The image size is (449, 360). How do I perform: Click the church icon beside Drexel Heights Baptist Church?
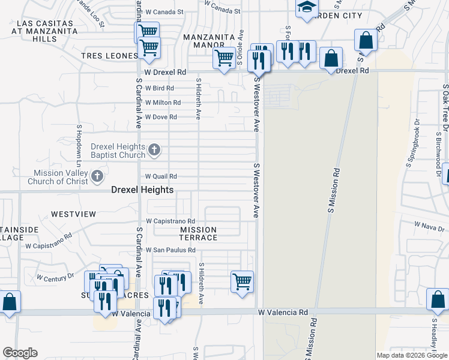tap(154, 149)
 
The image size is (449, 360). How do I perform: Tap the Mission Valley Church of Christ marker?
tap(99, 176)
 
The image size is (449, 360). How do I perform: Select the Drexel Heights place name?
tap(142, 190)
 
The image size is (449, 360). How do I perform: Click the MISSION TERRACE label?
tap(199, 233)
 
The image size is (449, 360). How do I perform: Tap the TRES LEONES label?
tap(110, 56)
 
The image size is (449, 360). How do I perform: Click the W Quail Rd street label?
tap(161, 176)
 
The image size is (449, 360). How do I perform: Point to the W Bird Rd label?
tap(159, 88)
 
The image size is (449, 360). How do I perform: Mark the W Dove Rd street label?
tap(161, 117)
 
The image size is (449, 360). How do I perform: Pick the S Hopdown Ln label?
tap(78, 146)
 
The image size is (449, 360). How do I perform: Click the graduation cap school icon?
tap(307, 8)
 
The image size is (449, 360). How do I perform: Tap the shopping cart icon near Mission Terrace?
tap(242, 280)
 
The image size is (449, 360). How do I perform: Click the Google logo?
tap(20, 353)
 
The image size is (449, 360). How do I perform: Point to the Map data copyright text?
tap(411, 355)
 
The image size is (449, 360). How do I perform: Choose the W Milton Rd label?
tap(163, 103)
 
